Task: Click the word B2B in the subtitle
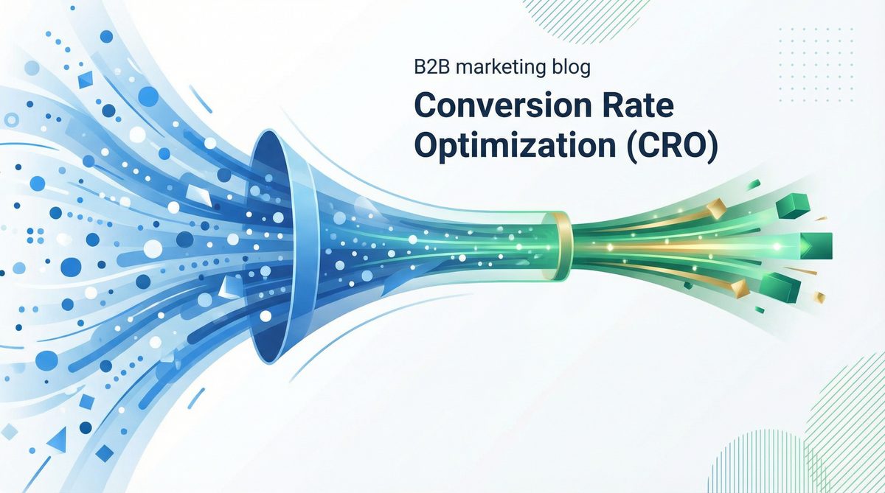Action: point(432,67)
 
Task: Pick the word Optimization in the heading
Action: point(515,146)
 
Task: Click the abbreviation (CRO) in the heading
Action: point(672,146)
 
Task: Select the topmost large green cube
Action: point(792,206)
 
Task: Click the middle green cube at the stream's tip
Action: point(816,245)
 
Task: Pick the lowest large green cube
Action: point(780,287)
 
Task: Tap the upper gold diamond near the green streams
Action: point(716,209)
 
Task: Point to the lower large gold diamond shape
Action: point(740,288)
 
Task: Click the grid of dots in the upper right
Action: point(816,65)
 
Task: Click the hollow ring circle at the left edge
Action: point(11,119)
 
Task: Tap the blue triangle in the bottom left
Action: point(58,439)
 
